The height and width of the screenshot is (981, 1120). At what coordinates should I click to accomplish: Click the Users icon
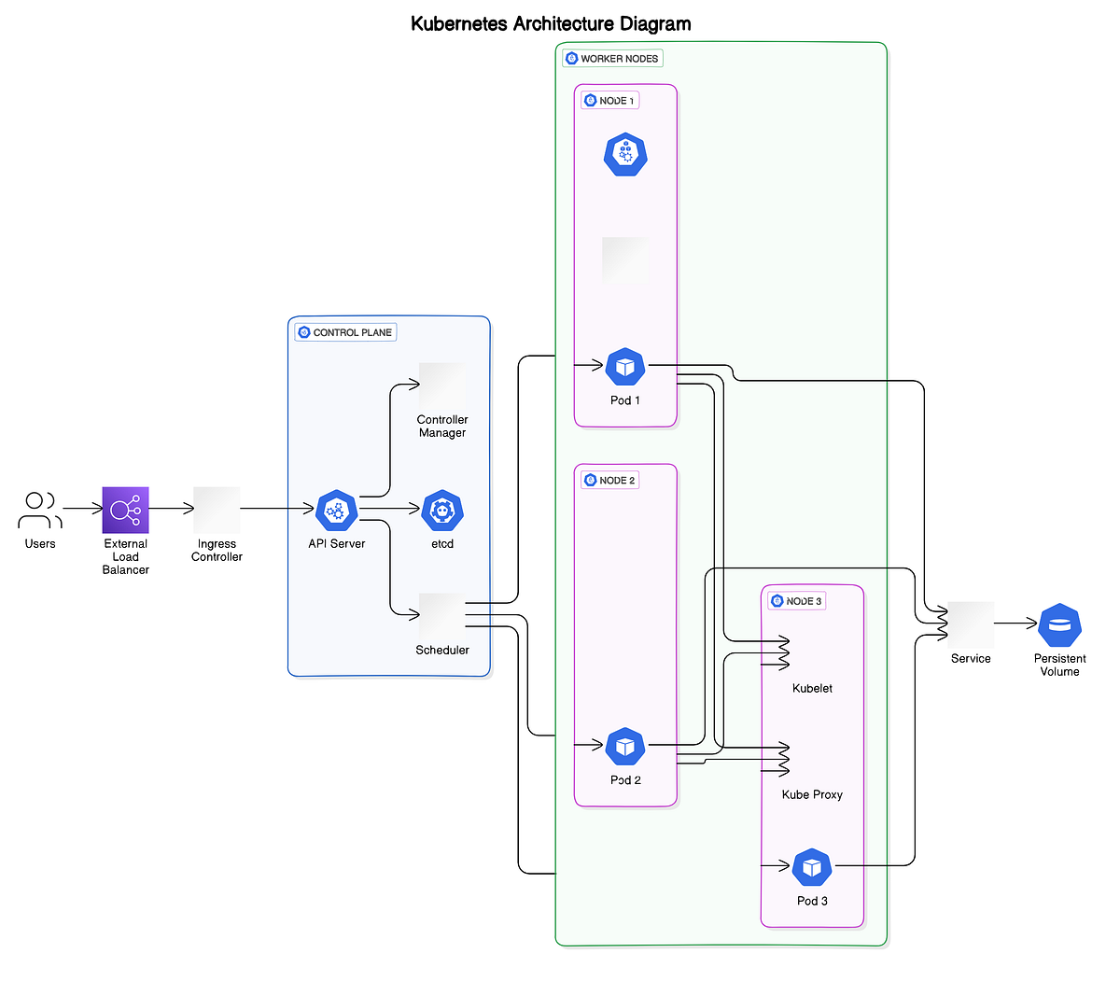click(40, 510)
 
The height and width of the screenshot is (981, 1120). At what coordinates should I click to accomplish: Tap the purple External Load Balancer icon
click(125, 510)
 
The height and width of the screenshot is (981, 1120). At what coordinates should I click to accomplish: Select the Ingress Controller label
click(217, 551)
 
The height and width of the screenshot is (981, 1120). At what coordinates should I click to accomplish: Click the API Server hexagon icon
click(337, 511)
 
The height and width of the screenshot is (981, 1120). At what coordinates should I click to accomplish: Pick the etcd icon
click(442, 511)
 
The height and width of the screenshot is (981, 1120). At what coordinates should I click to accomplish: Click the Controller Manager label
click(442, 427)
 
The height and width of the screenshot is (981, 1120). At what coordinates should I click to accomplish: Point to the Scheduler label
click(442, 651)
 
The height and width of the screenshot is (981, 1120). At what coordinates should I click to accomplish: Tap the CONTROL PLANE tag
click(345, 332)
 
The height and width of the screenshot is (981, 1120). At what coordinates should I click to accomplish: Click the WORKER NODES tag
click(612, 59)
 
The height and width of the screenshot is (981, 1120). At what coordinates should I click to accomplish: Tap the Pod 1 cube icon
click(625, 367)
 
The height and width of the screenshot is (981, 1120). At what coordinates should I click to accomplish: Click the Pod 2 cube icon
click(625, 747)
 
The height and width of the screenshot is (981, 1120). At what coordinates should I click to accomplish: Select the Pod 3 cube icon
click(812, 868)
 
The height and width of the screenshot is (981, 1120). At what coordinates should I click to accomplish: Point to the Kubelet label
click(812, 689)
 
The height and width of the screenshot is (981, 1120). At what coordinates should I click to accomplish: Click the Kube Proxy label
click(812, 795)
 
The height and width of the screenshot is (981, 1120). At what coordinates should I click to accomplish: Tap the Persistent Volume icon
click(1059, 625)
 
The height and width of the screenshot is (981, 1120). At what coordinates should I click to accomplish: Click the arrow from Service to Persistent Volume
click(1015, 624)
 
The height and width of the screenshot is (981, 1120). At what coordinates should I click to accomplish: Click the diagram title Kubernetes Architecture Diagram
click(551, 24)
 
